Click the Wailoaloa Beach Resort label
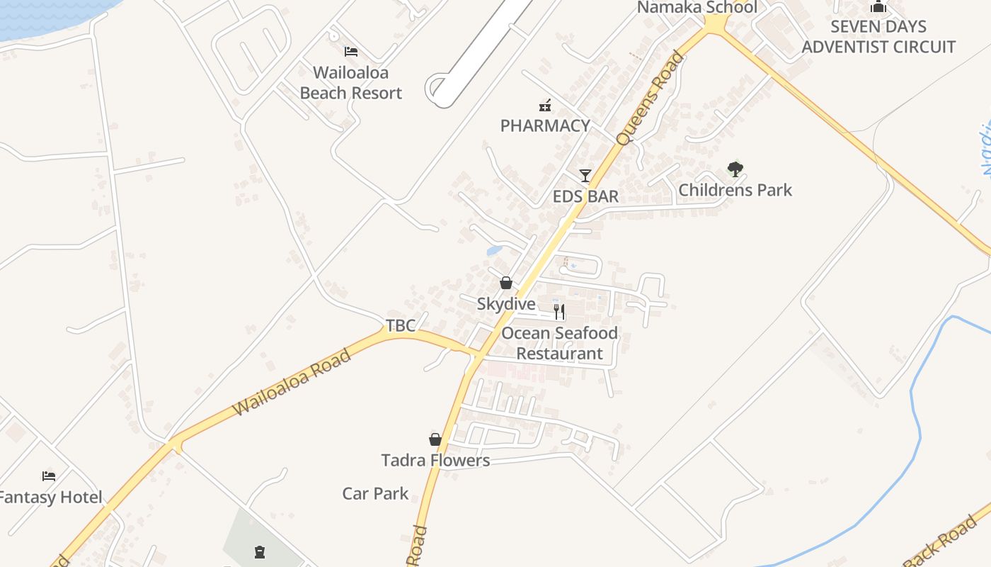coord(350,83)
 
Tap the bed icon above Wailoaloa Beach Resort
coord(350,51)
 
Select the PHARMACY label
coord(545,125)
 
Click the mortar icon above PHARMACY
coord(545,106)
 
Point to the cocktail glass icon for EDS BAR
coord(585,175)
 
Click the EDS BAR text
coord(585,196)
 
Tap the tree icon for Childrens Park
coord(735,169)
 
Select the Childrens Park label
coord(735,190)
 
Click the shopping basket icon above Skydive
coord(506,283)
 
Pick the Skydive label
coord(506,304)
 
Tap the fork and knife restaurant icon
coord(559,311)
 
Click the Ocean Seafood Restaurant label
coord(559,343)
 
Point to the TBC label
coord(401,325)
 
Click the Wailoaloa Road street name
coord(292,383)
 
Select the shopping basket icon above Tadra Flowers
coord(435,439)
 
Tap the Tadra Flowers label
coord(435,461)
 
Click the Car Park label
coord(375,493)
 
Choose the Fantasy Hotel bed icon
coord(48,476)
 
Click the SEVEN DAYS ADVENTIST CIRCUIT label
coord(878,37)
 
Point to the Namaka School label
coord(697,8)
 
